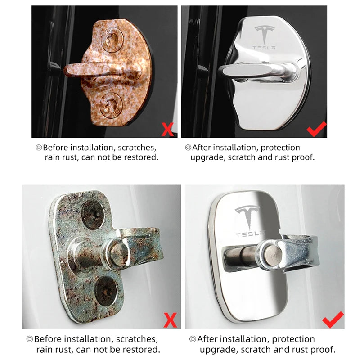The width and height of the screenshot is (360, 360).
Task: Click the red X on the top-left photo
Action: pyautogui.click(x=167, y=130)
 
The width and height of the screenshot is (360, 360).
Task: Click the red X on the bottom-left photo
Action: pyautogui.click(x=170, y=320)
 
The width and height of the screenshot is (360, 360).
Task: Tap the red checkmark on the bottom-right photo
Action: pyautogui.click(x=333, y=319)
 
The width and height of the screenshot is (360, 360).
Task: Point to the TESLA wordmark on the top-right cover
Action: pyautogui.click(x=265, y=48)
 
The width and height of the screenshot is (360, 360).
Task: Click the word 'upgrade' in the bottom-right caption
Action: pyautogui.click(x=215, y=349)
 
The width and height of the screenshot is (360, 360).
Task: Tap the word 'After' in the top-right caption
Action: pyautogui.click(x=201, y=147)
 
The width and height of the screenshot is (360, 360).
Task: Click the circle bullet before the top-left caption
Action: pyautogui.click(x=39, y=148)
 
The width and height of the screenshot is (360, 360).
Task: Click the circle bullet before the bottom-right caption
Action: pyautogui.click(x=193, y=339)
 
